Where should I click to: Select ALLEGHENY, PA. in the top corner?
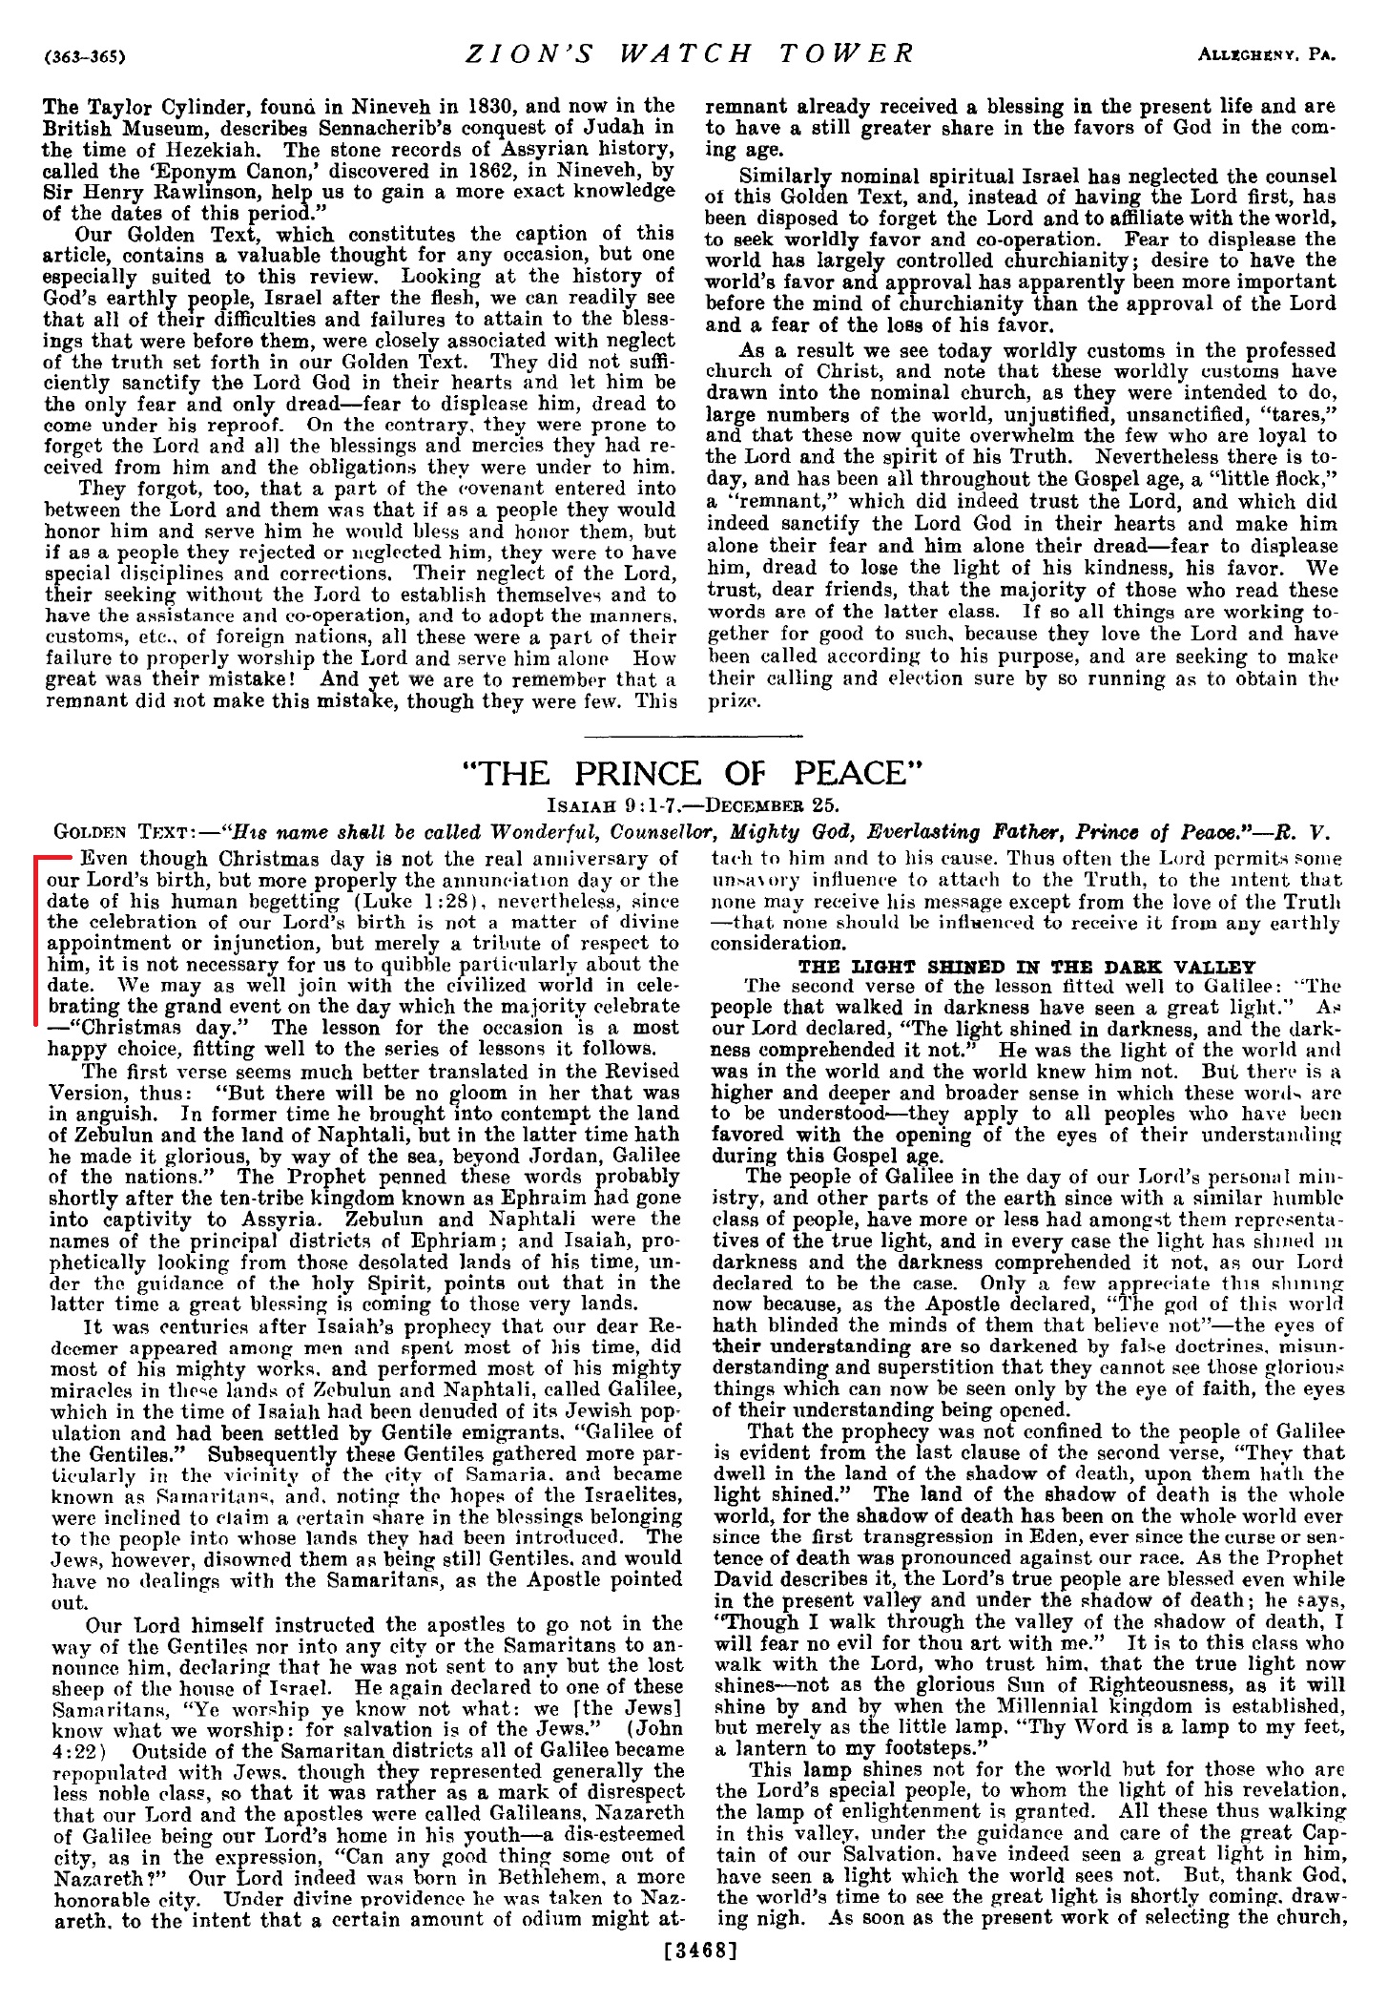coord(1266,55)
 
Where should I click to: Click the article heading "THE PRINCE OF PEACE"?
coord(694,772)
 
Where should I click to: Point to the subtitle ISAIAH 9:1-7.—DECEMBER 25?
coord(694,803)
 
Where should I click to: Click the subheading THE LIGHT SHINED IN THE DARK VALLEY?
coord(1026,966)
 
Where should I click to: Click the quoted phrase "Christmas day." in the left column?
coord(155,1028)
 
